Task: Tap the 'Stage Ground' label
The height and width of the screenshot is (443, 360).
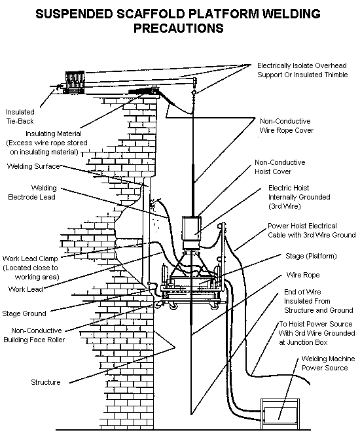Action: pos(24,313)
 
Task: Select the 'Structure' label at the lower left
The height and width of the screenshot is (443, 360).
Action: pos(46,381)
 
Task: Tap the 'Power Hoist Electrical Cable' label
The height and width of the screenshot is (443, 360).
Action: pos(312,230)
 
